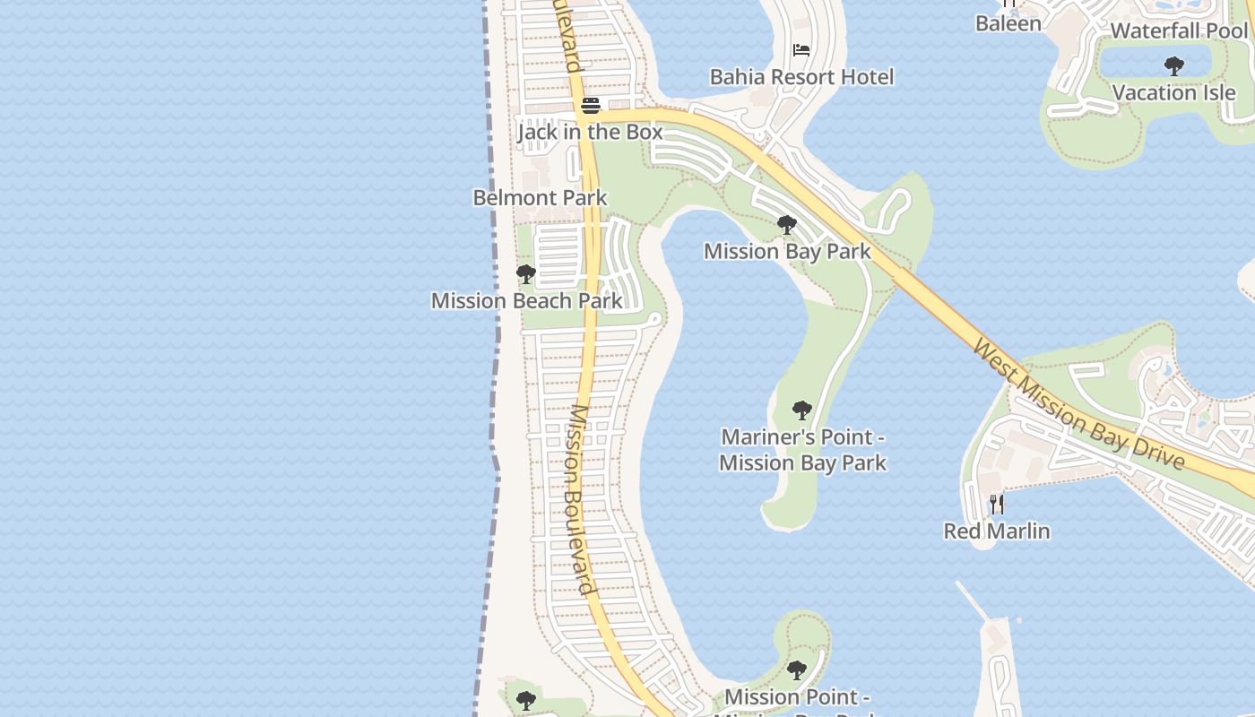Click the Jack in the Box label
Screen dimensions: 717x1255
(590, 132)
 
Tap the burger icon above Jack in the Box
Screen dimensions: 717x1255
(590, 106)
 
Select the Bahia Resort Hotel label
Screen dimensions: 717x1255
(801, 77)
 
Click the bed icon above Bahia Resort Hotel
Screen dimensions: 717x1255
(801, 51)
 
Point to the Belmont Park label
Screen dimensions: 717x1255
(540, 197)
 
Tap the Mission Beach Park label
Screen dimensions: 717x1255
(526, 300)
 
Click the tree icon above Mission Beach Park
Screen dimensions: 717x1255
(526, 274)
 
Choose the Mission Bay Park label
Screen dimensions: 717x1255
(786, 251)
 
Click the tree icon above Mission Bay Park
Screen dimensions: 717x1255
(787, 225)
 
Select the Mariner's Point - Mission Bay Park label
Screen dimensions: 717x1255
(802, 450)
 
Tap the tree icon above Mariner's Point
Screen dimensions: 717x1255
(802, 410)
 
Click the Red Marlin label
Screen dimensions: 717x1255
(996, 531)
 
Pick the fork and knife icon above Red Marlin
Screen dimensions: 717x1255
(997, 505)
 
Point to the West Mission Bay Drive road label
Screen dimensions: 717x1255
(1078, 404)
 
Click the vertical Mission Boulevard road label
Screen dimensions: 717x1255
(580, 499)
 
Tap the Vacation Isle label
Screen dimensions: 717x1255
(1173, 92)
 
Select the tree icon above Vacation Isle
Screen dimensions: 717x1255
(1173, 66)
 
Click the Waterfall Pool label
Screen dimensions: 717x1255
(1178, 30)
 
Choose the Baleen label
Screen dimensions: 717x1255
(1008, 23)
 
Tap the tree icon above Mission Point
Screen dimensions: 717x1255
(796, 670)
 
